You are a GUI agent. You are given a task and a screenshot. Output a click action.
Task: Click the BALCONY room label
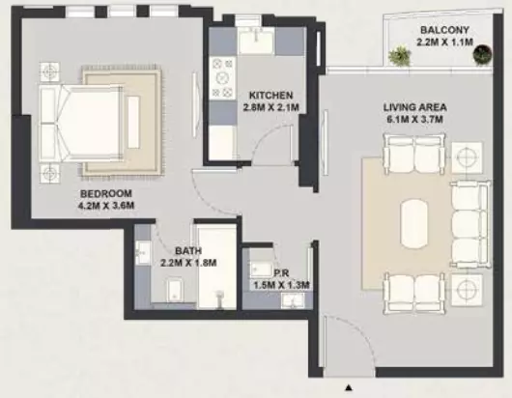click(x=444, y=30)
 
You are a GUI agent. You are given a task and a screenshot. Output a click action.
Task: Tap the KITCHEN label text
click(x=270, y=96)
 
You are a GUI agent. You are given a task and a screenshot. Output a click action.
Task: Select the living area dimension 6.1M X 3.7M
click(x=414, y=120)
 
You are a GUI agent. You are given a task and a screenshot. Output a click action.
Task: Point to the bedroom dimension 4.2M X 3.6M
click(x=106, y=206)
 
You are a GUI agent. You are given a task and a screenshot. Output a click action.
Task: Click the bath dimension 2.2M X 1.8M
click(x=188, y=263)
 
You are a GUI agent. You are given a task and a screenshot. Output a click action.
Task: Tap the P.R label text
click(x=281, y=273)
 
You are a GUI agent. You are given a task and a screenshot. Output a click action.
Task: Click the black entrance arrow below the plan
click(x=349, y=388)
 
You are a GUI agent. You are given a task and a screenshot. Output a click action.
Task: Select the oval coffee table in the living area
click(x=414, y=224)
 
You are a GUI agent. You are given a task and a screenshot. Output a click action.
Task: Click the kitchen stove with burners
click(x=223, y=77)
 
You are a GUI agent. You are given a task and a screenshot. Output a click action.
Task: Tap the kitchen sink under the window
click(x=257, y=41)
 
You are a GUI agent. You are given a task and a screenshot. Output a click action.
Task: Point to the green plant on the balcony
click(x=400, y=55)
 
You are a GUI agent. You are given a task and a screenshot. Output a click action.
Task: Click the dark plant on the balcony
click(x=482, y=54)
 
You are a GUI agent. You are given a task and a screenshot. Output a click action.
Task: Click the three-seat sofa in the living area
click(x=470, y=224)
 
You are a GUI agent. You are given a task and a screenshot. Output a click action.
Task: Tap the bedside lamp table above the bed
click(x=49, y=72)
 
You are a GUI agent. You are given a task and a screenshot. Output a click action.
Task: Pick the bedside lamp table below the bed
click(x=49, y=173)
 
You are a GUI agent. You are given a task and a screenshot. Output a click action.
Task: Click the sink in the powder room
click(x=293, y=300)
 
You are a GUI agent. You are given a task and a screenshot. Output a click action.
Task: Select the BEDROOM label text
click(x=106, y=193)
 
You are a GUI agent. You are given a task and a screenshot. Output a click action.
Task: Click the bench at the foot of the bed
click(x=133, y=123)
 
